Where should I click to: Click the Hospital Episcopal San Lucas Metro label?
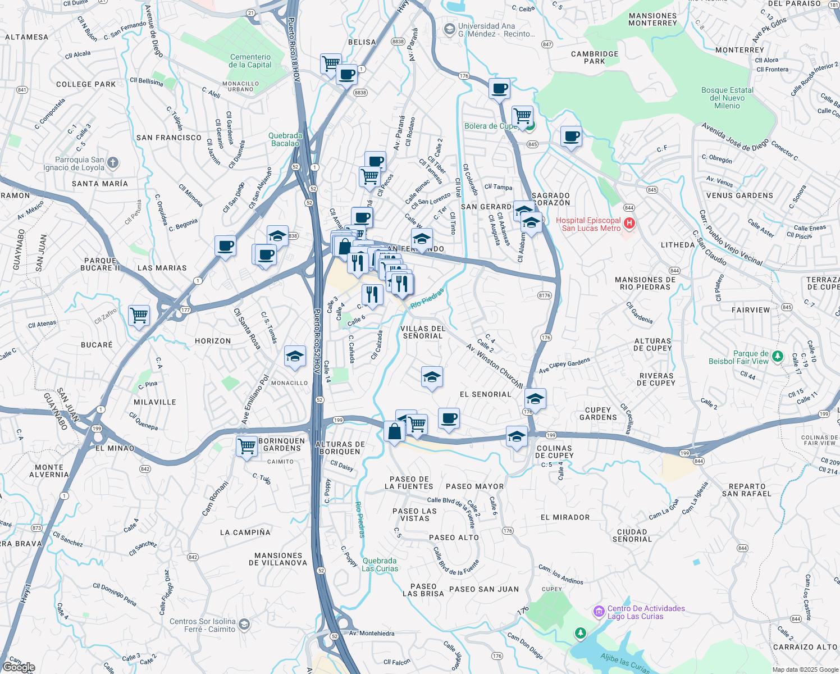(x=588, y=224)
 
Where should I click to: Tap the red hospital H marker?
(x=629, y=224)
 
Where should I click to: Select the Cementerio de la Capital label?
(x=250, y=61)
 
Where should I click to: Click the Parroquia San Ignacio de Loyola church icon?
(x=113, y=163)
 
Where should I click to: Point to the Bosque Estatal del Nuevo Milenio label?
(x=727, y=98)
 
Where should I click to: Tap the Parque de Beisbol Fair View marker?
(x=777, y=356)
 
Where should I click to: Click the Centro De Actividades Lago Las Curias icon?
(x=599, y=611)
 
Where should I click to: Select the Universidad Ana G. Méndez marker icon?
(x=449, y=29)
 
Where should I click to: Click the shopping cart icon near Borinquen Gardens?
(x=247, y=446)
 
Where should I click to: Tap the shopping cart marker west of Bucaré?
(x=139, y=315)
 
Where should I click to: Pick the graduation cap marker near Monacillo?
(x=295, y=356)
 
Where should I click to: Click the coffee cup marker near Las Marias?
(x=225, y=245)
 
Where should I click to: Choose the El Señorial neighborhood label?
(x=485, y=394)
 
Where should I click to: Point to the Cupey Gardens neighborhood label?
(x=598, y=413)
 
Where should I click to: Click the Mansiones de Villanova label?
(x=278, y=559)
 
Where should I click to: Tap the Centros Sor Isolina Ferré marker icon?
(x=244, y=624)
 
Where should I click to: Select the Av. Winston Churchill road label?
(x=494, y=365)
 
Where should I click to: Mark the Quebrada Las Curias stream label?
(x=380, y=564)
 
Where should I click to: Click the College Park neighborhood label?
(x=86, y=84)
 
